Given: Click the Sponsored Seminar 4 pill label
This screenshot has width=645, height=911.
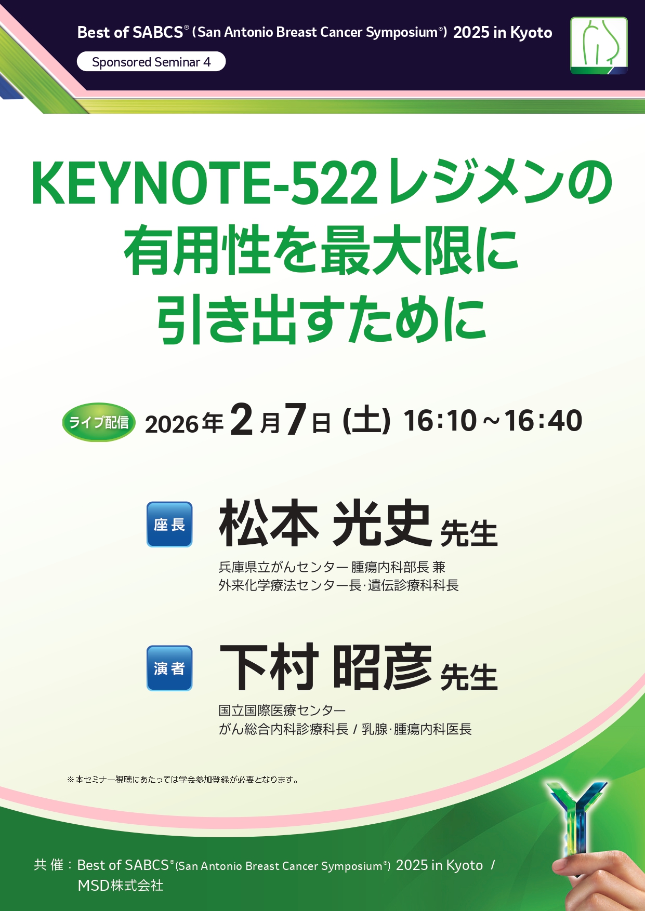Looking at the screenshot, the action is tap(151, 62).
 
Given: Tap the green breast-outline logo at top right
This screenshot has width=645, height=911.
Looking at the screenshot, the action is tap(599, 46).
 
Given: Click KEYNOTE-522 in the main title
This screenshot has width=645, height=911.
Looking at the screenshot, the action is tap(204, 183).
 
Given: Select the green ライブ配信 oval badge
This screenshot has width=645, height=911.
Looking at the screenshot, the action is tap(99, 422).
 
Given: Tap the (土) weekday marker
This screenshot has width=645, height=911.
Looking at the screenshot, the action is tap(366, 421).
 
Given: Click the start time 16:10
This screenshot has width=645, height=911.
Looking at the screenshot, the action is tap(440, 421).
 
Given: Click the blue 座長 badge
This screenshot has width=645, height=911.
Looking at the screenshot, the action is tap(169, 525).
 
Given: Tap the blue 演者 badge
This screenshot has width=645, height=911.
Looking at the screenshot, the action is tap(169, 668).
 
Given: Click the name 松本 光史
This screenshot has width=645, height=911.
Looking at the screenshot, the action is tap(325, 523).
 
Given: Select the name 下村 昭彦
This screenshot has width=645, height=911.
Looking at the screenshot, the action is tap(325, 667).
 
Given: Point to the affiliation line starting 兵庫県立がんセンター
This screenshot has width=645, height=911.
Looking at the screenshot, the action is tap(332, 567).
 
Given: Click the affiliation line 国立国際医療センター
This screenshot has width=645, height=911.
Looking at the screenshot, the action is tap(282, 710).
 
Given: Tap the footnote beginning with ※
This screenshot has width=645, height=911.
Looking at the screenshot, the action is tap(183, 780).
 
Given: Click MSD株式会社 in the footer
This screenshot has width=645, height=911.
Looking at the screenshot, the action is tap(121, 885).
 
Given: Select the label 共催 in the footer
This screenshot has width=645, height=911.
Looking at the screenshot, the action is tap(48, 865).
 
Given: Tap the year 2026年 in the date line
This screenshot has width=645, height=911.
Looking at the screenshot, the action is tap(185, 424).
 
